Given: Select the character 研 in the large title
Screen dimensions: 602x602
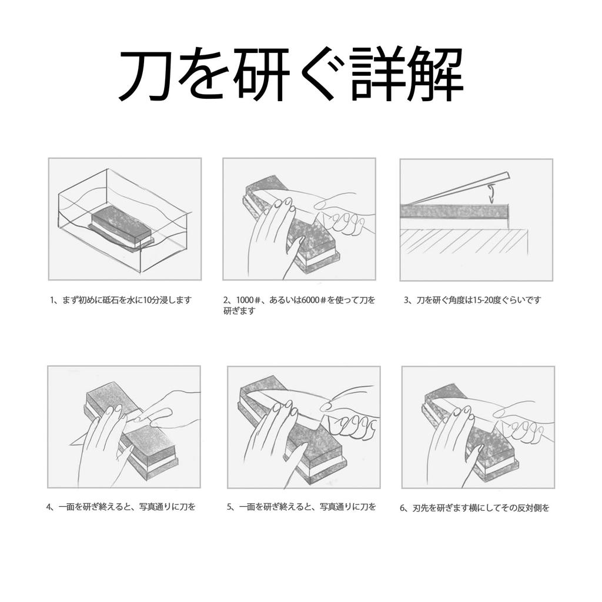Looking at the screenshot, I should pyautogui.click(x=259, y=76).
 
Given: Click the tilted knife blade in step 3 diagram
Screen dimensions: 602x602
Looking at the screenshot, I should pyautogui.click(x=459, y=187).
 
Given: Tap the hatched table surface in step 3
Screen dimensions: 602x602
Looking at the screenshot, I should pyautogui.click(x=464, y=241).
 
